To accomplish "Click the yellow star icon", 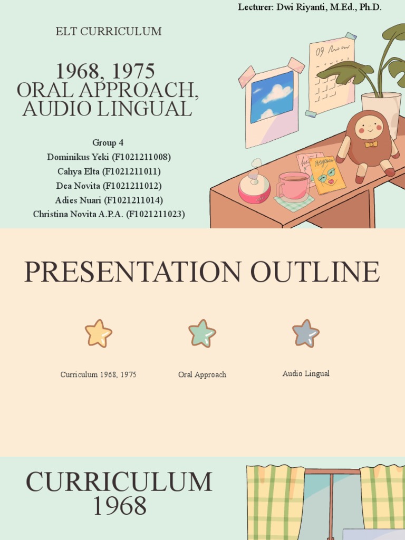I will pyautogui.click(x=99, y=334).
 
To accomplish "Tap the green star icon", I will pyautogui.click(x=202, y=334).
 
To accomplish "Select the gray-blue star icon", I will pyautogui.click(x=306, y=334).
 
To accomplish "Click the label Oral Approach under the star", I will pyautogui.click(x=202, y=375).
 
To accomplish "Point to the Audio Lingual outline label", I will pyautogui.click(x=306, y=374).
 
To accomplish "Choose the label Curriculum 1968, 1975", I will pyautogui.click(x=99, y=375).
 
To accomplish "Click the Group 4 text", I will pyautogui.click(x=108, y=143).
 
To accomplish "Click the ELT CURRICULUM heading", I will pyautogui.click(x=109, y=32).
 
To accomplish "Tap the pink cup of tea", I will pyautogui.click(x=294, y=186).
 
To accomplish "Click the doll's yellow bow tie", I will pyautogui.click(x=371, y=144).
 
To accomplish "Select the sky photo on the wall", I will pyautogui.click(x=272, y=96).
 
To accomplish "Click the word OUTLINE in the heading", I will pyautogui.click(x=315, y=272).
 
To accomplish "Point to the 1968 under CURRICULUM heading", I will pyautogui.click(x=120, y=507).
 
